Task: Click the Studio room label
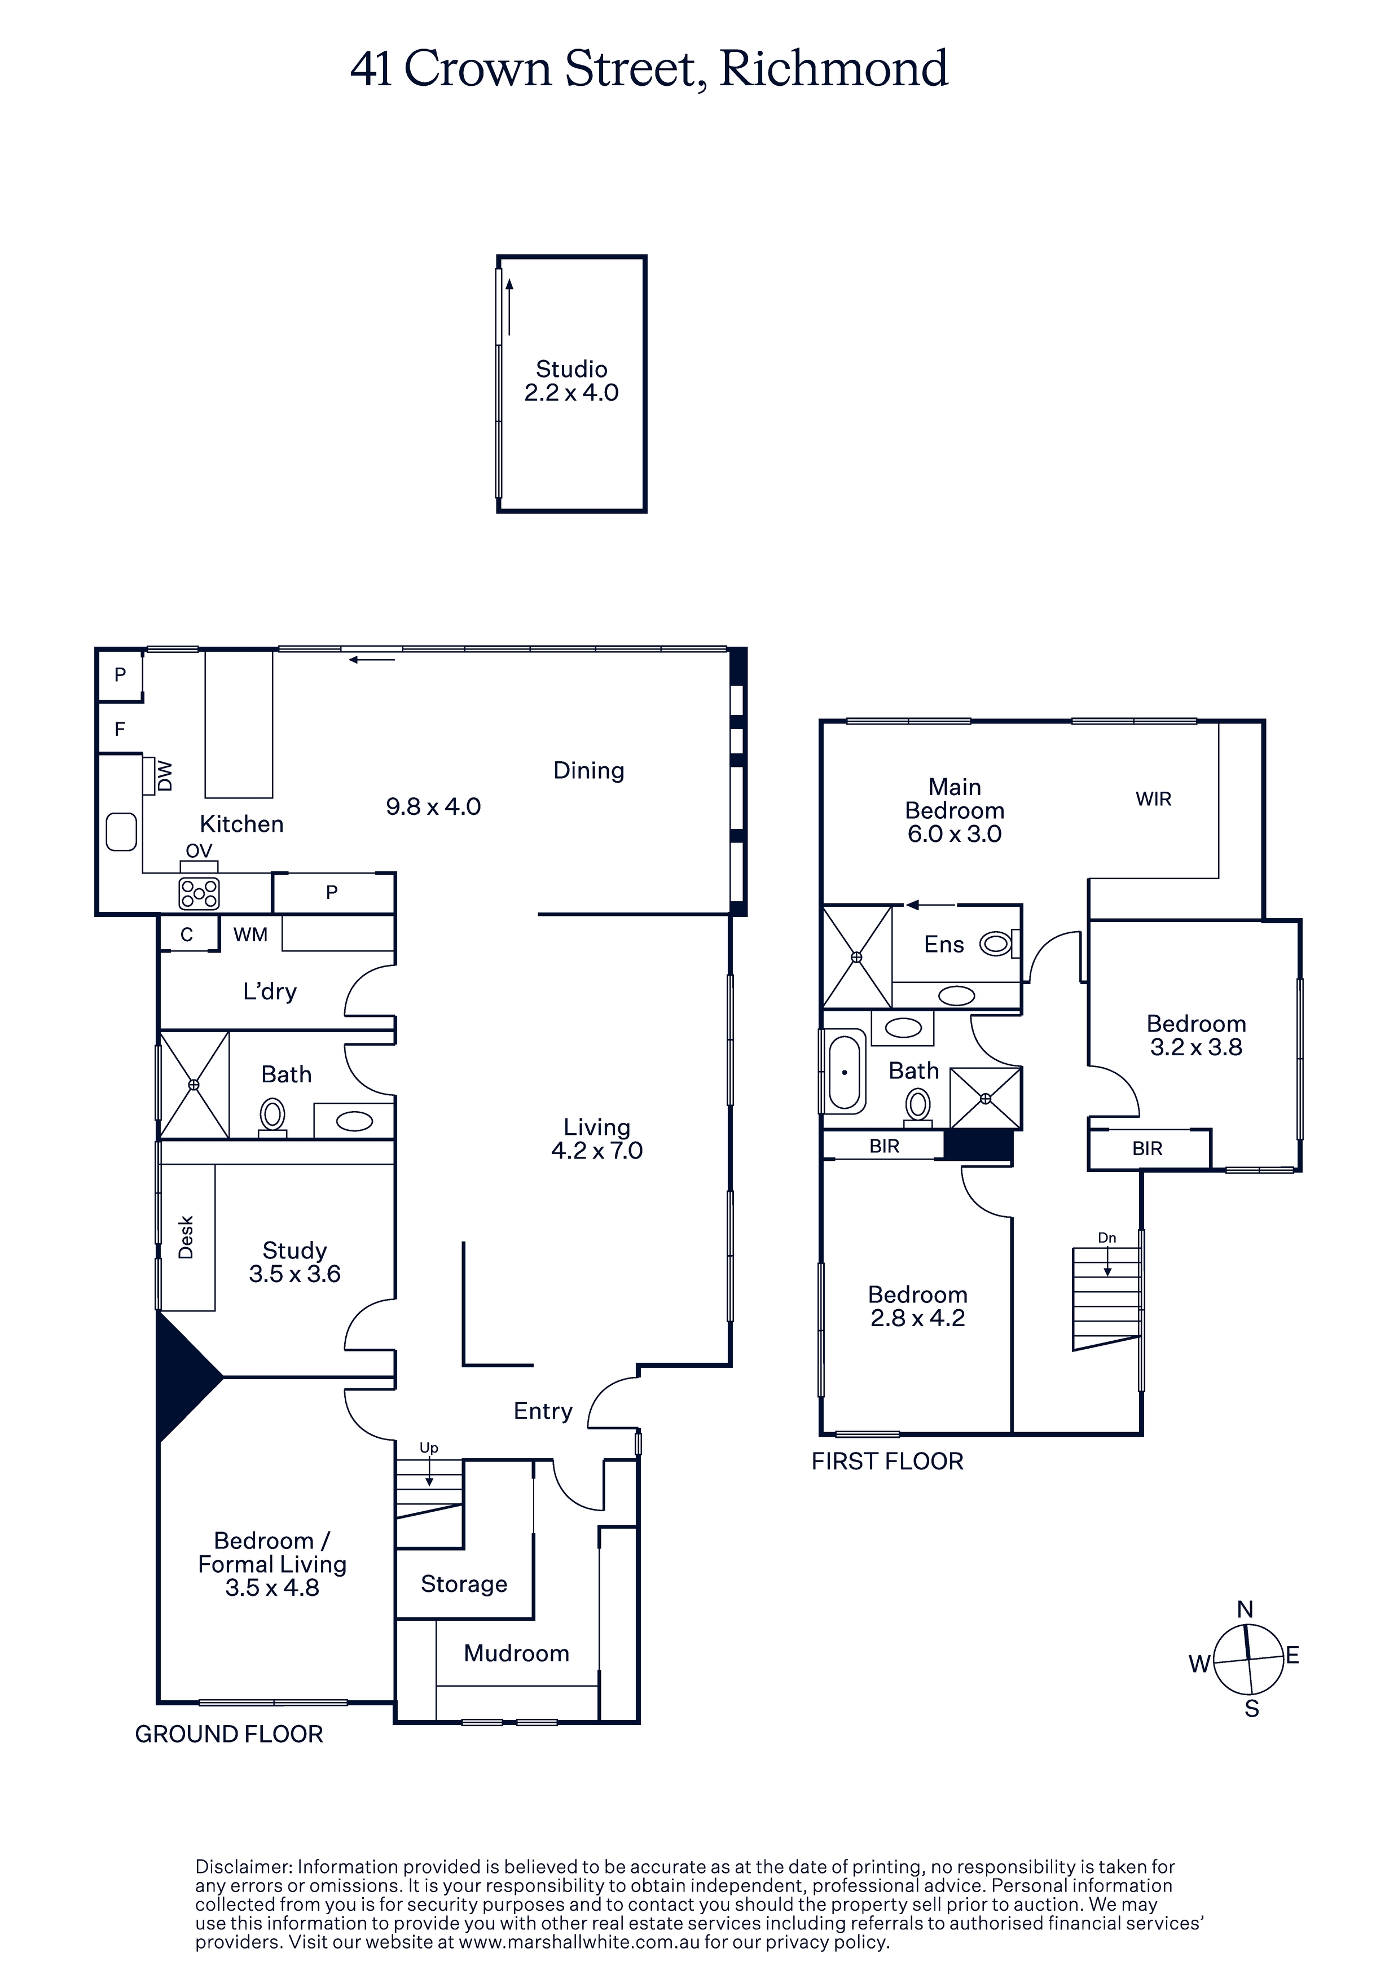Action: (x=571, y=369)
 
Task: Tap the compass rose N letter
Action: (x=1245, y=1609)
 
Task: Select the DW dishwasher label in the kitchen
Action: (x=165, y=776)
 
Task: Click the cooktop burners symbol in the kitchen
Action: (x=199, y=894)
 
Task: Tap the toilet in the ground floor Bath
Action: (x=273, y=1117)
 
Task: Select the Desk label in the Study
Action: (x=185, y=1237)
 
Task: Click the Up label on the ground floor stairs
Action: (x=428, y=1447)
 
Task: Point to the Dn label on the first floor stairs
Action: (x=1107, y=1238)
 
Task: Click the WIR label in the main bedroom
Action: (x=1153, y=799)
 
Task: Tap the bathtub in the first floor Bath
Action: (x=845, y=1072)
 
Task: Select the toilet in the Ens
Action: (x=998, y=944)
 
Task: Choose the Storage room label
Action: (x=464, y=1583)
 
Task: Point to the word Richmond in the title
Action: (x=833, y=68)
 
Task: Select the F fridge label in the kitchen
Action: (x=120, y=729)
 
